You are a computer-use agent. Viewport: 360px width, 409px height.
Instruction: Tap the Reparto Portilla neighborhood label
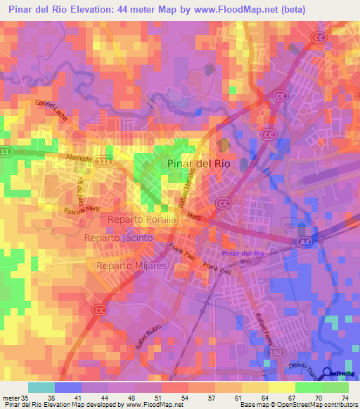click(143, 221)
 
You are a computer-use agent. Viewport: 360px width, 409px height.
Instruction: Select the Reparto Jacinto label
click(118, 238)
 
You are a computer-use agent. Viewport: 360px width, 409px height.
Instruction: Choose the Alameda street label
click(78, 158)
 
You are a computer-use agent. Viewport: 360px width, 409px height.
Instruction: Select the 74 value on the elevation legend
click(345, 398)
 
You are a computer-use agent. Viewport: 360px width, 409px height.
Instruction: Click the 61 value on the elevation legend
click(238, 398)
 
